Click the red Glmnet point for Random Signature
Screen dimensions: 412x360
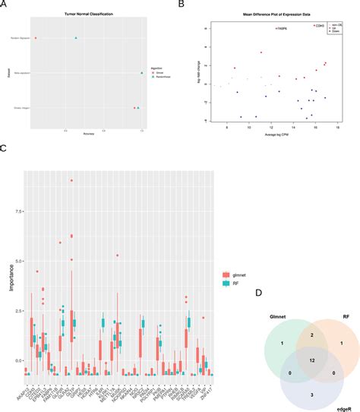(x=35, y=37)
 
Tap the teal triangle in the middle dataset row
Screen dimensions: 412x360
(x=142, y=73)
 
